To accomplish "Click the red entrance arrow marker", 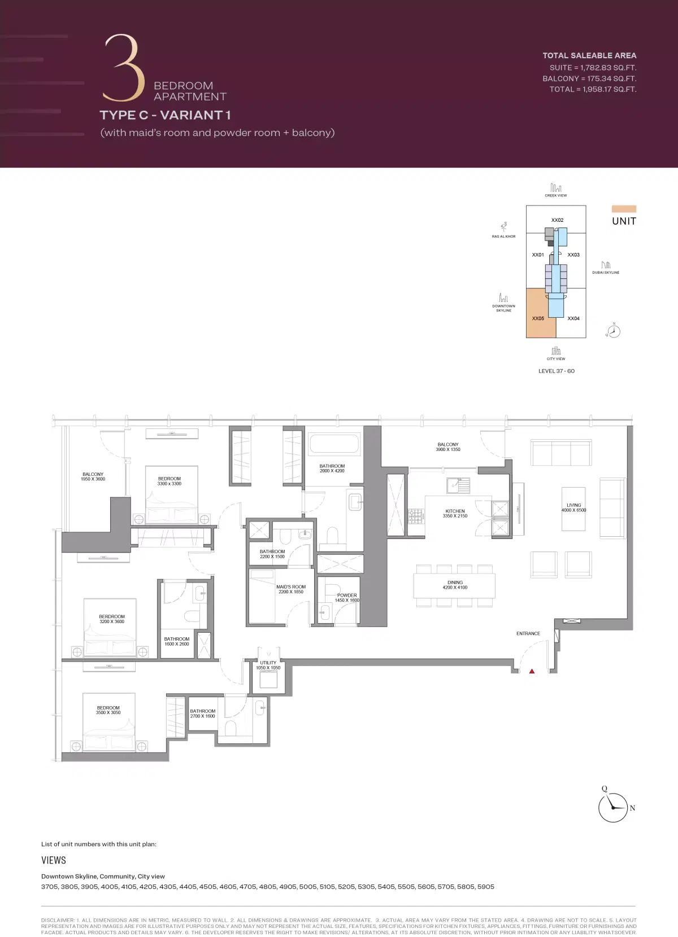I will coord(532,671).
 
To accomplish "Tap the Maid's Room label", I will coord(291,589).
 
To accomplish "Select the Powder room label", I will coord(347,598).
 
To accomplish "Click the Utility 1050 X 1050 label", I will coord(268,665).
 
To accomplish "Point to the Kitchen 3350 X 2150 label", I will coord(455,513).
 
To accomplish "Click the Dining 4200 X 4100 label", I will coord(455,585).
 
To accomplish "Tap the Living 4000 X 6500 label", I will coord(573,507).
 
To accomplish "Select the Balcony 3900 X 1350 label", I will coord(448,447).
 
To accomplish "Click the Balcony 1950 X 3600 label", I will coord(93,476).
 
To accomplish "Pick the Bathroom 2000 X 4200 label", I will coord(332,469).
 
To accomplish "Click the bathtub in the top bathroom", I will coord(334,444).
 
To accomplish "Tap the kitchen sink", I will coord(458,485).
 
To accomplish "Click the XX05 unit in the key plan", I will coord(538,318).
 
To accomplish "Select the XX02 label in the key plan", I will coord(557,220).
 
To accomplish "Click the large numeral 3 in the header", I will coord(123,68).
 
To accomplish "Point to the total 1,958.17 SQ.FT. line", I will coord(593,89).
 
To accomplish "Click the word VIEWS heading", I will coord(54,860).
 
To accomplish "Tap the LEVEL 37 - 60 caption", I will coord(557,371).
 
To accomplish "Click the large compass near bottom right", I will coord(613,807).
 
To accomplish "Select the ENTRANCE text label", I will coord(528,633).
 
